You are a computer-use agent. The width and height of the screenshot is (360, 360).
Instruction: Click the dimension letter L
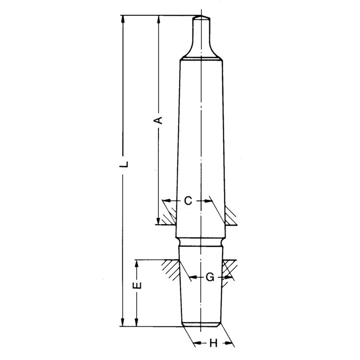pos(124,164)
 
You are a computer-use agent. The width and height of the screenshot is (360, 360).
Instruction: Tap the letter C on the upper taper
pos(188,201)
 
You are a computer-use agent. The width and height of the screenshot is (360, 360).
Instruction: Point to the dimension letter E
pos(137,286)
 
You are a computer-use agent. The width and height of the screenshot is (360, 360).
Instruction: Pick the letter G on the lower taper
pos(209,277)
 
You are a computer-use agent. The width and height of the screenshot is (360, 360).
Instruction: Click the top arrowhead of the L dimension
pos(124,19)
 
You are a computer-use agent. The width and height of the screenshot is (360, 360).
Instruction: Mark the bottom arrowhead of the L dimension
pos(124,323)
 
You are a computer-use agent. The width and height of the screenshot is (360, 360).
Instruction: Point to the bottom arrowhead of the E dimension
pos(137,323)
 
